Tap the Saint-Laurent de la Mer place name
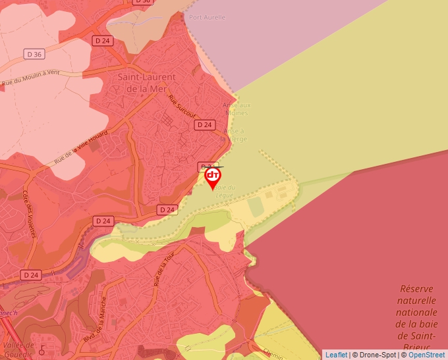146,82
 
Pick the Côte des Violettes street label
30,213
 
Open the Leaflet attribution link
336,355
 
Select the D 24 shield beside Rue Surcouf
205,124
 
